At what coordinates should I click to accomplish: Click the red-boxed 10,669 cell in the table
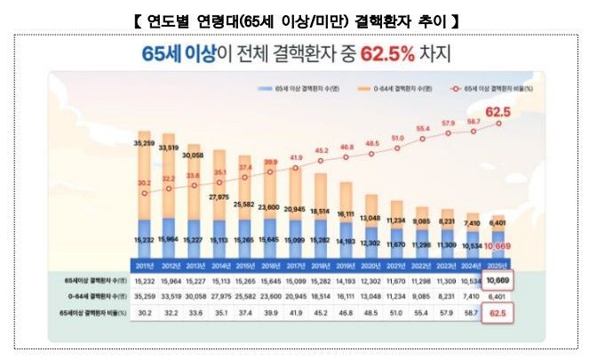(x=500, y=281)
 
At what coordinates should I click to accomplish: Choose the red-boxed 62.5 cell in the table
(x=500, y=313)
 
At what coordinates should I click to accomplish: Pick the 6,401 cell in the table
(x=500, y=297)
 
